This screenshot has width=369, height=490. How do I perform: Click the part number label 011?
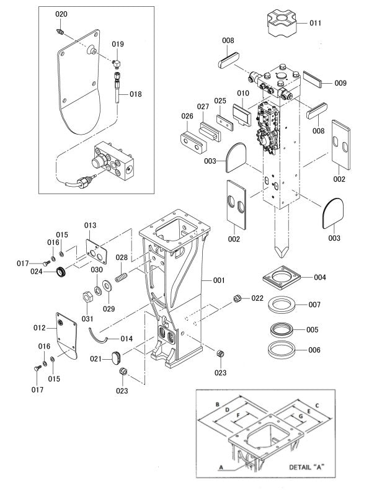315,23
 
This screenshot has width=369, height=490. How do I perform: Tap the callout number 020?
61,14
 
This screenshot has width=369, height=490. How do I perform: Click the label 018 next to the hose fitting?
135,94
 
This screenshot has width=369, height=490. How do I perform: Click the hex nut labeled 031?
87,297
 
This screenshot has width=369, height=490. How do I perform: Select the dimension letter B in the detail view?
216,404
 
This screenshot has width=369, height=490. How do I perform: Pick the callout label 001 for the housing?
218,280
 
